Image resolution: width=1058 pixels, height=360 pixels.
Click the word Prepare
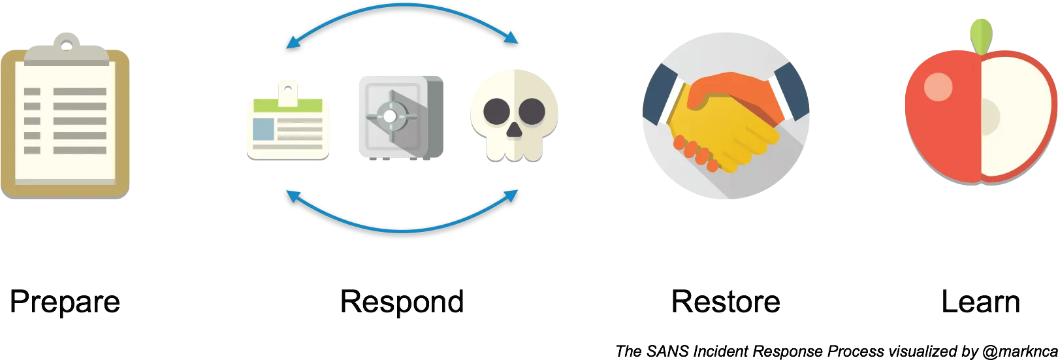coord(65,303)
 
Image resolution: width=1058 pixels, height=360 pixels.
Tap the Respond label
coord(402,303)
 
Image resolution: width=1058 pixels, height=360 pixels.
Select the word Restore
coord(726,302)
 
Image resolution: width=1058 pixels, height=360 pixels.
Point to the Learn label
coord(981,302)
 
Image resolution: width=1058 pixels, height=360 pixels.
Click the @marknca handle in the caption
coord(1019,352)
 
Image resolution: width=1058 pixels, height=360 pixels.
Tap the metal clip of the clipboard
coord(67,49)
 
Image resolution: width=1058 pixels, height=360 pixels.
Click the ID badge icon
coord(287,120)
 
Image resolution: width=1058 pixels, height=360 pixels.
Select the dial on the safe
coord(390,116)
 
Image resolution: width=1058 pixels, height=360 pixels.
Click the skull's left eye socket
coord(496,112)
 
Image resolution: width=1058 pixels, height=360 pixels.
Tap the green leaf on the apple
coord(981,37)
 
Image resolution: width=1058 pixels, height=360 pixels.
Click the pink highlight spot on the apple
coord(938,87)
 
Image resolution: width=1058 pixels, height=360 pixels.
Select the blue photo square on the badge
coord(263,129)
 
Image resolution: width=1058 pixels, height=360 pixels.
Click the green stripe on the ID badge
coord(287,105)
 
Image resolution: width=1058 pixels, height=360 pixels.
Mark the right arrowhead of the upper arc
coord(511,37)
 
